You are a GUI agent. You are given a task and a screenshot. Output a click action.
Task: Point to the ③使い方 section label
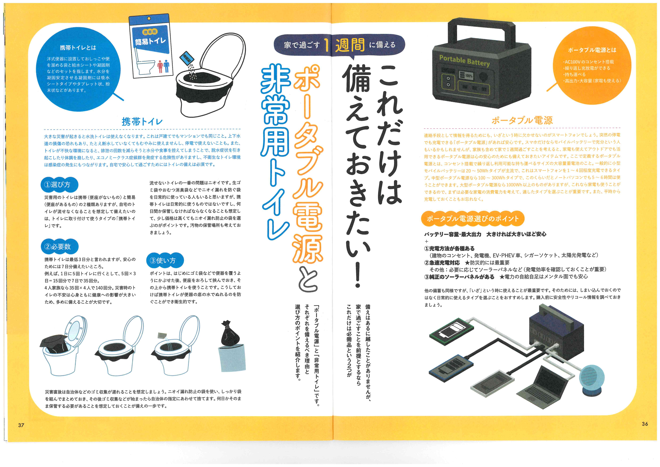[x=165, y=260]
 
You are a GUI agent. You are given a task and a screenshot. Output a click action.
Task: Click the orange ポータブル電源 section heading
[x=522, y=120]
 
